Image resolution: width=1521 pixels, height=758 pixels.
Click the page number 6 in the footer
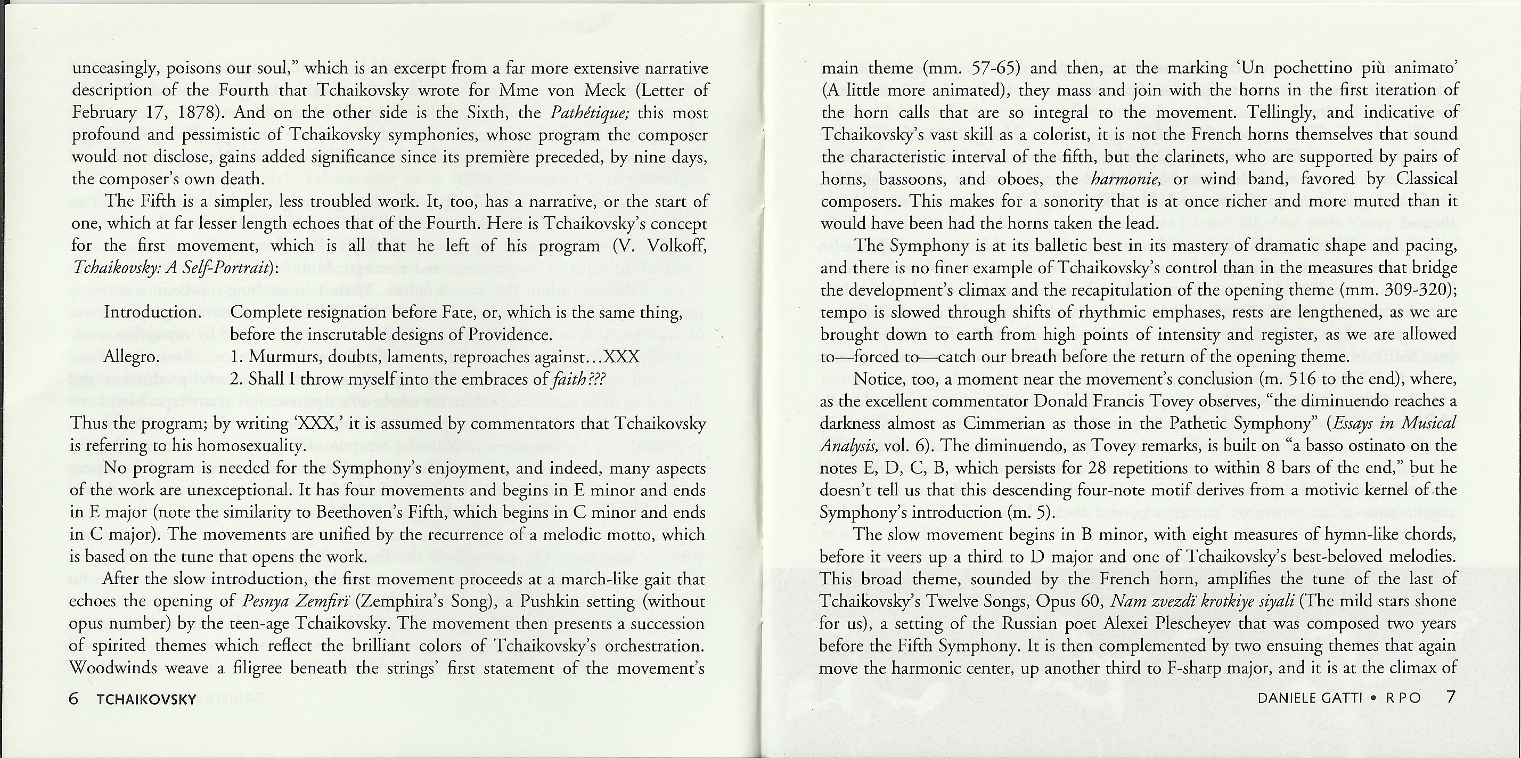(74, 698)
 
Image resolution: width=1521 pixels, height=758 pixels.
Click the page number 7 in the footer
(1451, 697)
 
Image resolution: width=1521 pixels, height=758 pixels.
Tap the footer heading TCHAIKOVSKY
(146, 699)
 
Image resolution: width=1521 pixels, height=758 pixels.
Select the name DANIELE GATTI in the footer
(1310, 698)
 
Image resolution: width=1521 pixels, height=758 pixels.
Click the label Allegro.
(132, 357)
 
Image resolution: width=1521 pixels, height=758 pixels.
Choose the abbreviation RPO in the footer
(1403, 698)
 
